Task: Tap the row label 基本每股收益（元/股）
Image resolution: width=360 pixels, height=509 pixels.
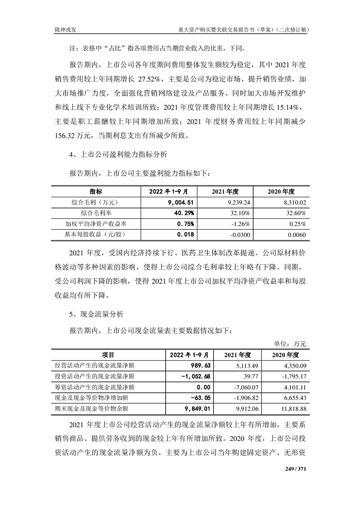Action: tap(96, 235)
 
